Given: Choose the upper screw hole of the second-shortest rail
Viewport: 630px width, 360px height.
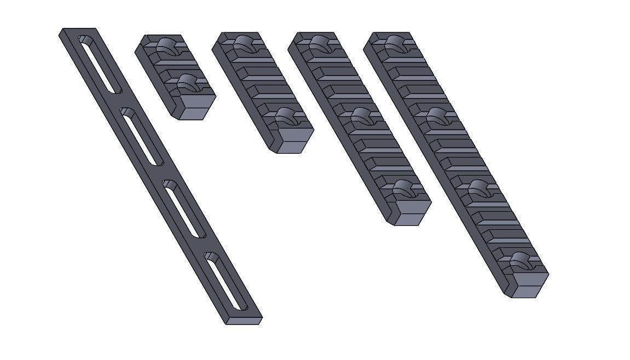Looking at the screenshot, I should [247, 44].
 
